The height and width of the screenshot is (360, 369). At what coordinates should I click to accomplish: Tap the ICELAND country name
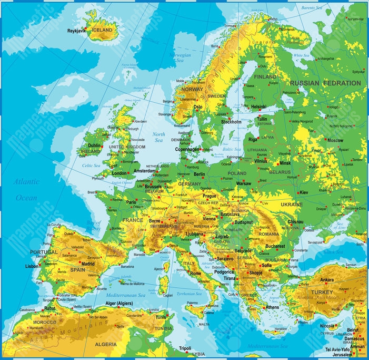pyautogui.click(x=102, y=30)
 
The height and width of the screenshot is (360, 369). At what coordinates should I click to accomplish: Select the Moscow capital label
pyautogui.click(x=335, y=141)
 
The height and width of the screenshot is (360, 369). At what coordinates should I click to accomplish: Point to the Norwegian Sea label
pyautogui.click(x=180, y=57)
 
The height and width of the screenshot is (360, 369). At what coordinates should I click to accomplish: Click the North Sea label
pyautogui.click(x=159, y=138)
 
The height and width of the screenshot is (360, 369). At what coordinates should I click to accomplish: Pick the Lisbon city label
pyautogui.click(x=32, y=266)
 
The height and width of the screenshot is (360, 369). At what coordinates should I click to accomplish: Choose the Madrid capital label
pyautogui.click(x=88, y=264)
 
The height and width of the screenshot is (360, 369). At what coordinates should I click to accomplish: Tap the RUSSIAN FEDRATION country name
pyautogui.click(x=325, y=83)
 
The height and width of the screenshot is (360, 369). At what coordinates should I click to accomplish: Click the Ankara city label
pyautogui.click(x=327, y=279)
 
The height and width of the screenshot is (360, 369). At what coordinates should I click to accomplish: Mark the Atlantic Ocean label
pyautogui.click(x=26, y=189)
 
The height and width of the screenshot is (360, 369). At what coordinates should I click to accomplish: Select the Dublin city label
pyautogui.click(x=95, y=145)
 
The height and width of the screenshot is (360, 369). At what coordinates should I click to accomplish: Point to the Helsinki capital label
pyautogui.click(x=259, y=106)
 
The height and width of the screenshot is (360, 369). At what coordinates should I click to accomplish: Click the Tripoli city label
pyautogui.click(x=185, y=348)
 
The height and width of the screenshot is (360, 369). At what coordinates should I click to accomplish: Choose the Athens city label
pyautogui.click(x=272, y=307)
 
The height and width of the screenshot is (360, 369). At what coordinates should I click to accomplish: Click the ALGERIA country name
pyautogui.click(x=106, y=344)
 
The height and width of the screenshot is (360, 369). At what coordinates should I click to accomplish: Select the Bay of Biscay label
pyautogui.click(x=93, y=226)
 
